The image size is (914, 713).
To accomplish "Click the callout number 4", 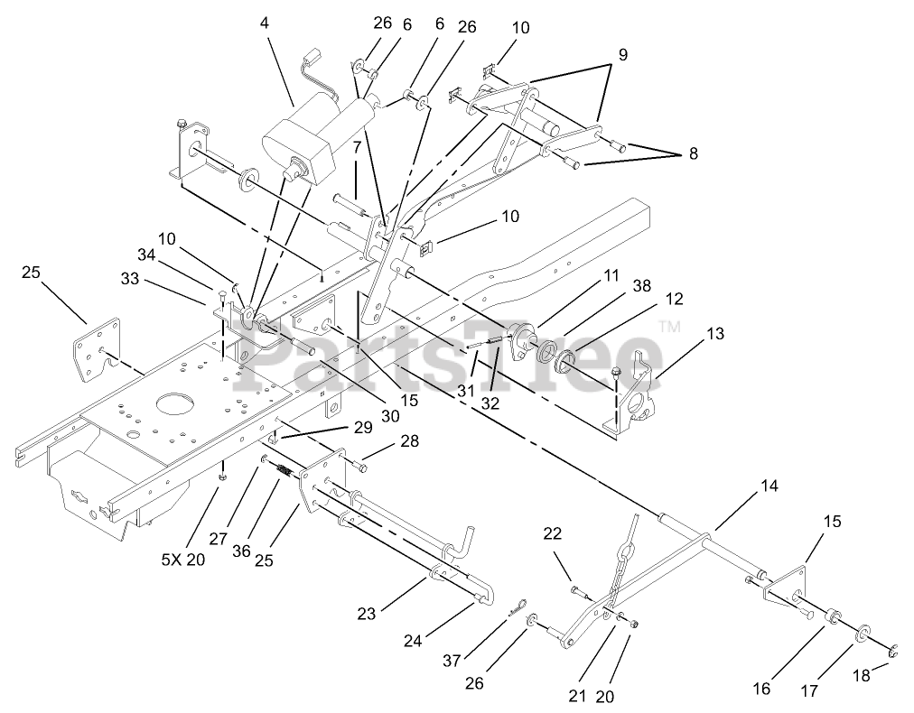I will [265, 23].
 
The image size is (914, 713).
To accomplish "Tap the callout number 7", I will [358, 146].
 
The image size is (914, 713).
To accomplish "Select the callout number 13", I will [715, 334].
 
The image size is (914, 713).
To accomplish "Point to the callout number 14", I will [769, 486].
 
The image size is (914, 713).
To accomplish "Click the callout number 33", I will [131, 280].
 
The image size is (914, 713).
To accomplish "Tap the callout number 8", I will [693, 153].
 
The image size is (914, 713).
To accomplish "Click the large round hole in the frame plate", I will [171, 403].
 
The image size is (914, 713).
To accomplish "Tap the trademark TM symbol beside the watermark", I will [668, 327].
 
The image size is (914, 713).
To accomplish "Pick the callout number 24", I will [413, 642].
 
